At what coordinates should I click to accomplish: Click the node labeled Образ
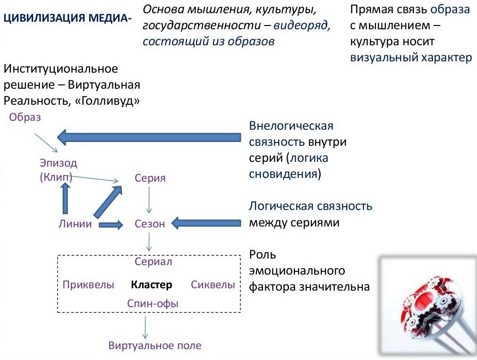coord(25,117)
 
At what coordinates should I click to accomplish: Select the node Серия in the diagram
coord(150,178)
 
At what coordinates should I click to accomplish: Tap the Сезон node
coord(150,224)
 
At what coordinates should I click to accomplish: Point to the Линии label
coord(75,224)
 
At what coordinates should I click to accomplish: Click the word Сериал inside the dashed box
coord(153,261)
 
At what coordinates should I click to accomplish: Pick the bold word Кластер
coord(152,285)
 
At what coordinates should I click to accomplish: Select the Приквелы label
coord(88,285)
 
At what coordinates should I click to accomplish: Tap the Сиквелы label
coord(213,285)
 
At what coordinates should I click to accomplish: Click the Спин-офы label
coord(153,303)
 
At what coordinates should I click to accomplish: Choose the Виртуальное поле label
coord(155,345)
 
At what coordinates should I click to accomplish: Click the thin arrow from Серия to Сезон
coord(149,200)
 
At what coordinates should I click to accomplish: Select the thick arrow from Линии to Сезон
coord(111,225)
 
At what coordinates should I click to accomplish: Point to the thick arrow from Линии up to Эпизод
coord(65,199)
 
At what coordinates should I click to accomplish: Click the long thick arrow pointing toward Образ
coord(149,137)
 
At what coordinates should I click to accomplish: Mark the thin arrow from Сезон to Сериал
coord(149,242)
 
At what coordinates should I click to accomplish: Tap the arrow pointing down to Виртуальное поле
coord(145,327)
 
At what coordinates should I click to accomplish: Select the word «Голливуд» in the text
coord(107,101)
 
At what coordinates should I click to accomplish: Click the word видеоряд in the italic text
coord(302,25)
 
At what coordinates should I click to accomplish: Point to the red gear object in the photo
coord(429,307)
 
